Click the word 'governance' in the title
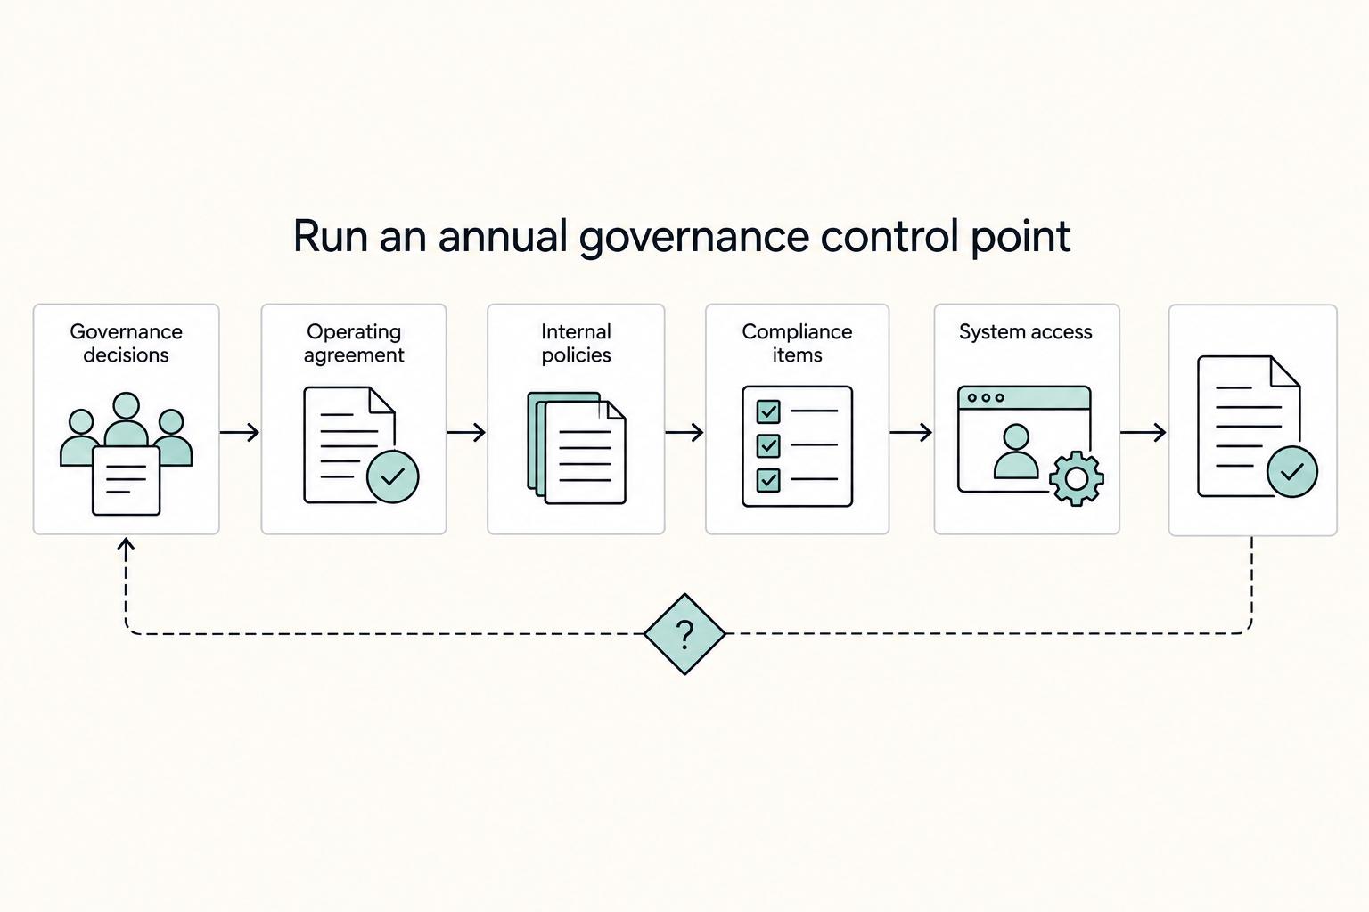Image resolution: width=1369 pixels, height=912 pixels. coord(693,238)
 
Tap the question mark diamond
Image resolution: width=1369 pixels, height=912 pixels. coord(684,634)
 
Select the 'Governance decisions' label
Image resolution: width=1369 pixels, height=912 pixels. coord(126,343)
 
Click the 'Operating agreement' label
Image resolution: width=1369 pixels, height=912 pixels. coord(354,343)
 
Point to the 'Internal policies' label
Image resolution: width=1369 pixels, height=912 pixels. coord(576,343)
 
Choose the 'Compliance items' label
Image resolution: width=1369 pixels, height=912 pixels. coord(797,343)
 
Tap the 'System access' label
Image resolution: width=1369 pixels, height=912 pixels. coord(1026,331)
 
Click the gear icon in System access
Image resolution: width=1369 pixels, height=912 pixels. coord(1077,479)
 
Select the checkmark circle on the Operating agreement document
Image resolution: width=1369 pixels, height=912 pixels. coord(392,476)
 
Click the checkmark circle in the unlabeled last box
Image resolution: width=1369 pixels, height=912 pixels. coord(1292,471)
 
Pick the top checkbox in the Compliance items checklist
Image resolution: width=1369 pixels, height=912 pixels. coord(768,411)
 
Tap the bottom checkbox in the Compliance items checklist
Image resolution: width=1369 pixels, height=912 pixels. coord(768,479)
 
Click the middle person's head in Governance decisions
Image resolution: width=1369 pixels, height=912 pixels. coord(126,405)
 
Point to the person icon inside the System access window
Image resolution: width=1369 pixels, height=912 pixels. coord(1016,452)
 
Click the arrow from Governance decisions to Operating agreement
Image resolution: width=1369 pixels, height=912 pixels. coord(240,433)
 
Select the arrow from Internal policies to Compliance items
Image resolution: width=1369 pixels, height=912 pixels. coord(684,433)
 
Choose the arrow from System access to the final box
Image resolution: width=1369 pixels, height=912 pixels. coord(1143,433)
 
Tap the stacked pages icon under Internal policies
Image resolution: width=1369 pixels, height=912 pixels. coord(577,448)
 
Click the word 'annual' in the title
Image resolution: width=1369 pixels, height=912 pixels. coord(503,236)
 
